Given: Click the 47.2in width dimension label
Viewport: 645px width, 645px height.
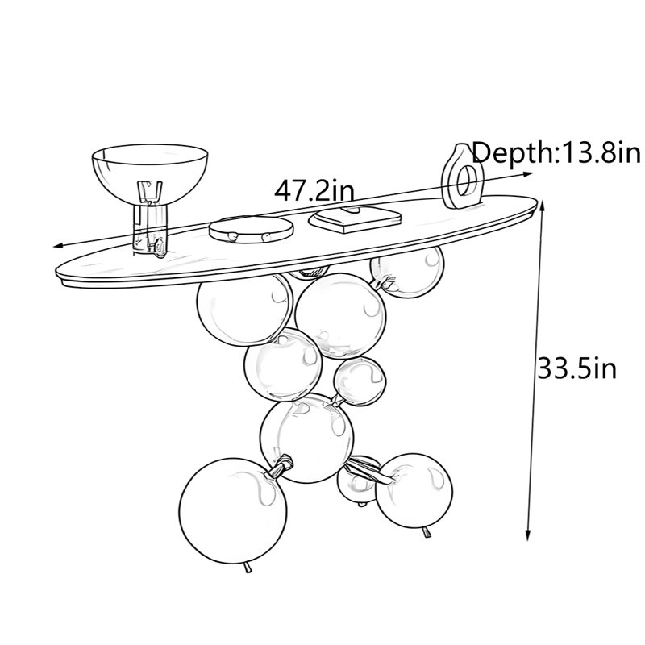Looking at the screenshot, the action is click(314, 191).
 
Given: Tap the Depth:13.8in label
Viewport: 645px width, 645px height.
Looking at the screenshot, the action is click(556, 152).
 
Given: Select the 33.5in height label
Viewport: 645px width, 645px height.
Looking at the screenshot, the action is click(577, 368).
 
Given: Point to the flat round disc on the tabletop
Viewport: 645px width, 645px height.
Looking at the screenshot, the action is click(252, 230).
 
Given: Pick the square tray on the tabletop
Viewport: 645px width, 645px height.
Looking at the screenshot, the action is click(355, 219).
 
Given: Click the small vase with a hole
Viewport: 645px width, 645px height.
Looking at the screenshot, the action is click(461, 176).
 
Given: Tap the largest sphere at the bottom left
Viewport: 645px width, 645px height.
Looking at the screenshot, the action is click(233, 511).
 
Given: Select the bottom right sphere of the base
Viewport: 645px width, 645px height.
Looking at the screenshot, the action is click(414, 490).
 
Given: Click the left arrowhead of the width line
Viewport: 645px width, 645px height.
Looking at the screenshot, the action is click(59, 246).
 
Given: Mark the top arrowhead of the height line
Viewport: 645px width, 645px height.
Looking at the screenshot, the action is click(543, 205).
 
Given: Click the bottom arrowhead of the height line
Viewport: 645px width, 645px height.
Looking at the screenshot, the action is click(528, 535).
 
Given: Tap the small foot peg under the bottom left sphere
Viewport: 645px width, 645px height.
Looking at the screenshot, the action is click(248, 568).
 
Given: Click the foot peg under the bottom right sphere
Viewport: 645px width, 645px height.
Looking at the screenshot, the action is click(427, 532).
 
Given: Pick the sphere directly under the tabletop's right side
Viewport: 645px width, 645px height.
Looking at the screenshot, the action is click(407, 272).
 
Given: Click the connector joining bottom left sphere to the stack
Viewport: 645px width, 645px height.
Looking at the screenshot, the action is click(281, 467).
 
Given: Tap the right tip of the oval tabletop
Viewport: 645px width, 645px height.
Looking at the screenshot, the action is click(537, 202).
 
